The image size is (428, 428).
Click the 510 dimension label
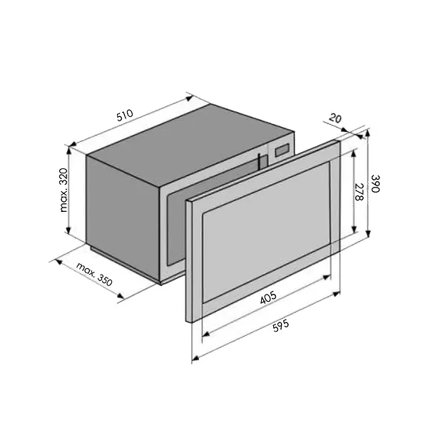(125, 115)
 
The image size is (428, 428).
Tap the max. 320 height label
(63, 190)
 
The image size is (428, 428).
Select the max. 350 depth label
(94, 275)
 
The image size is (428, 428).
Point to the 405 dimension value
(268, 298)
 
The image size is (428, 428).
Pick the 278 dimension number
(360, 192)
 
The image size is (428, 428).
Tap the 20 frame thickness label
(335, 118)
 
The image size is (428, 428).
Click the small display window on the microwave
(282, 150)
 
